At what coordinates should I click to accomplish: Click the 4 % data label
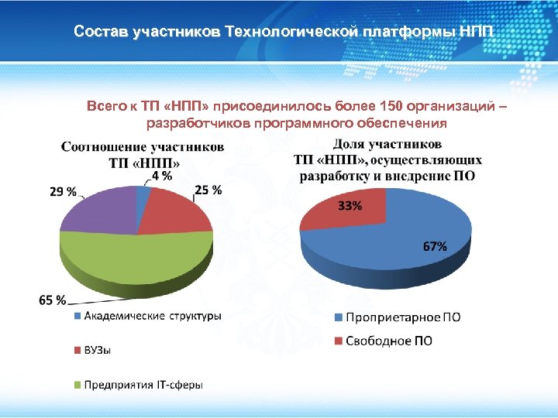[161, 176]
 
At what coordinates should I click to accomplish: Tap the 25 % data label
[208, 190]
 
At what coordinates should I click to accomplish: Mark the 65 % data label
[52, 300]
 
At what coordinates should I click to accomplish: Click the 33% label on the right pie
[350, 206]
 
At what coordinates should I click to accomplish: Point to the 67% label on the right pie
[434, 246]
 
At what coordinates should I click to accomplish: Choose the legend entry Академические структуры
[152, 316]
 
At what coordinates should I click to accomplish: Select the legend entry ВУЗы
[97, 350]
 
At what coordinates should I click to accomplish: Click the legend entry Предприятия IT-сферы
[143, 385]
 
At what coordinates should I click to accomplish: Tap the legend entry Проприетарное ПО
[402, 317]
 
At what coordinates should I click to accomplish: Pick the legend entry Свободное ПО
[388, 341]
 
